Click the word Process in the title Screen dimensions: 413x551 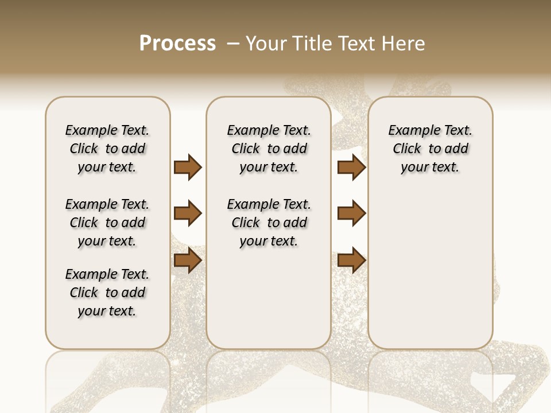[x=177, y=44]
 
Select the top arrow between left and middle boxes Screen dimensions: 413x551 [x=188, y=167]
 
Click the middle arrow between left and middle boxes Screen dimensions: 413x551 [x=188, y=214]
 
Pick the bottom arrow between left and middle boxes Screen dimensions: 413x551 [x=188, y=260]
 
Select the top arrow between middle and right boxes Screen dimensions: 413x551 [x=351, y=167]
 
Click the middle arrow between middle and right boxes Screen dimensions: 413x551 [x=351, y=214]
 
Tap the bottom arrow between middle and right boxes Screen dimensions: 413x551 [x=351, y=260]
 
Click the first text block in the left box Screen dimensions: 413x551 [x=107, y=149]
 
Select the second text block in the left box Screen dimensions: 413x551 [x=107, y=223]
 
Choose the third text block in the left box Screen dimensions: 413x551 [x=107, y=293]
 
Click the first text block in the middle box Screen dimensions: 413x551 [x=269, y=149]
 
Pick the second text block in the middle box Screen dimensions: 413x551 [x=269, y=223]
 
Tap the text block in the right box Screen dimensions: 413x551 [x=430, y=149]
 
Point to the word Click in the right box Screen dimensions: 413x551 [x=407, y=149]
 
